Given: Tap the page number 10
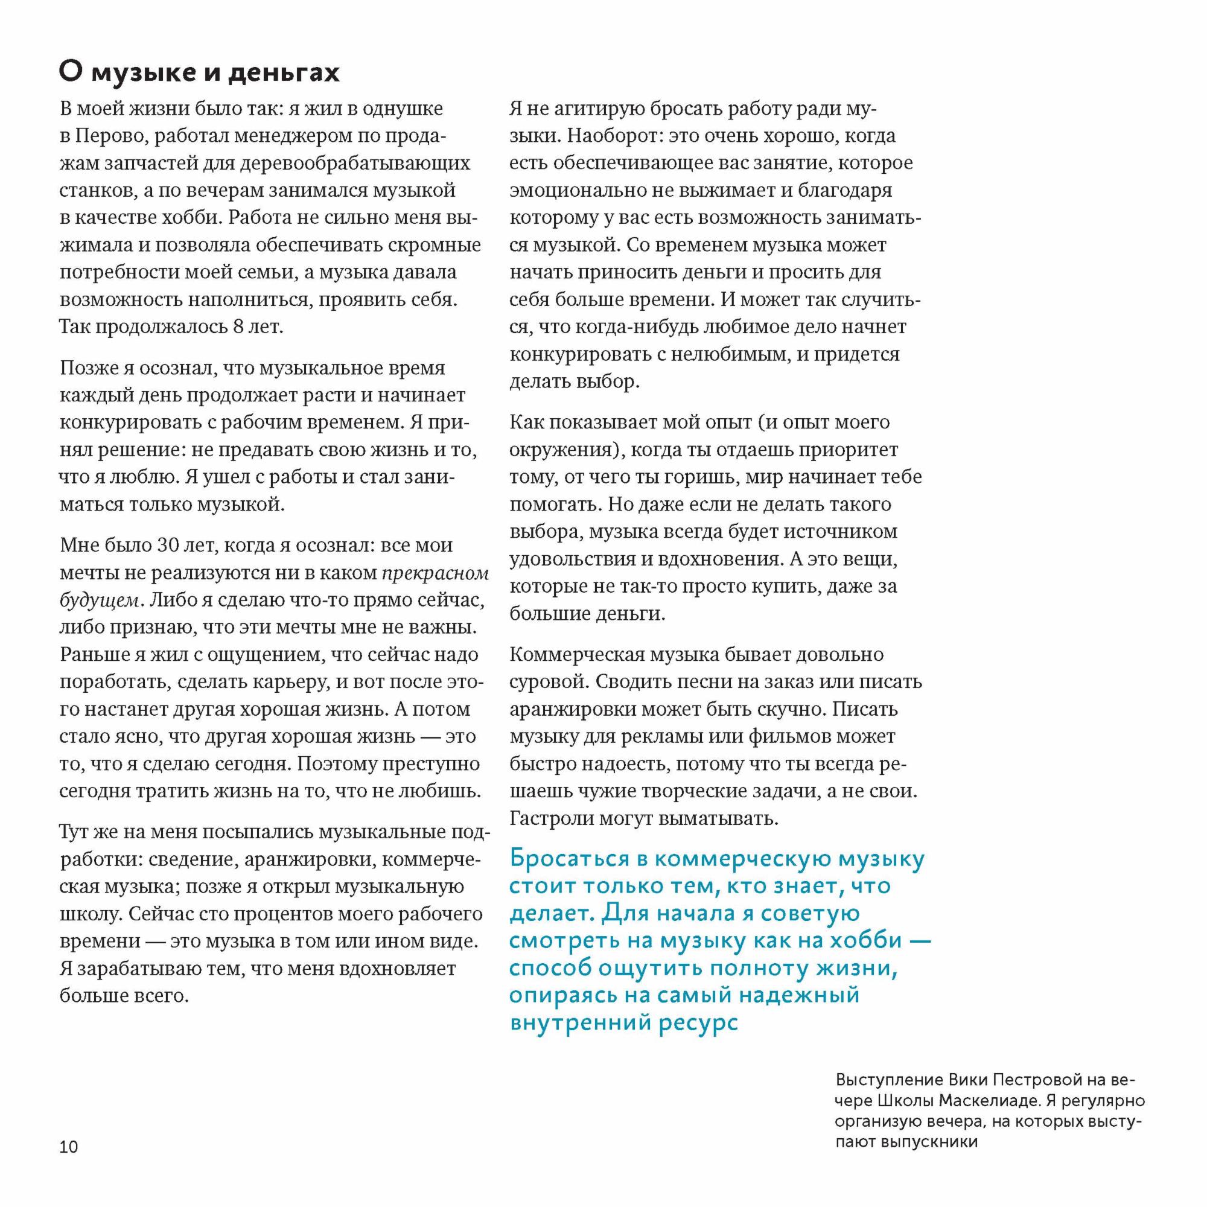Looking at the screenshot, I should tap(69, 1147).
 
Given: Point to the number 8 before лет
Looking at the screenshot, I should tap(237, 326).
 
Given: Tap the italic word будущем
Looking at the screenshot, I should tap(100, 600).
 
